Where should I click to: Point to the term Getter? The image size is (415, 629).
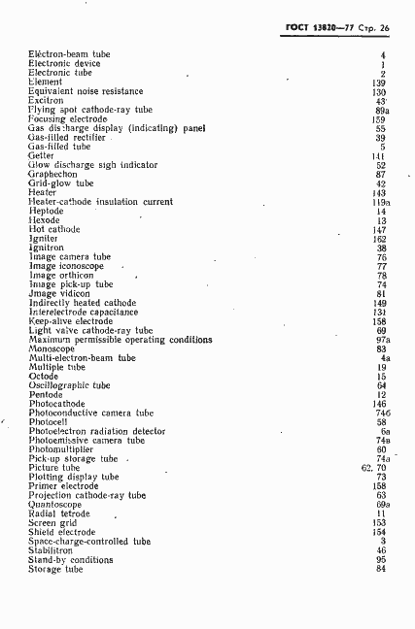coord(41,155)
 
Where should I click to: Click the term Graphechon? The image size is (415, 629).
coord(52,174)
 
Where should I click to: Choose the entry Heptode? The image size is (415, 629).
coord(46,211)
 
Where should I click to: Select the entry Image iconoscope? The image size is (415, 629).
coord(66,266)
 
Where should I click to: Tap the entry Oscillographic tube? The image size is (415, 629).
coord(69,385)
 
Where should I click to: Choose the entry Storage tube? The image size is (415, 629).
coord(56,569)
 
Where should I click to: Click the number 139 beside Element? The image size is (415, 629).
coord(379,83)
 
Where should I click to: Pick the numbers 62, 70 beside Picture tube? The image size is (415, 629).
coord(374,468)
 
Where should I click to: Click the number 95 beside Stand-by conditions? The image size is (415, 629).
coord(382,560)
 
